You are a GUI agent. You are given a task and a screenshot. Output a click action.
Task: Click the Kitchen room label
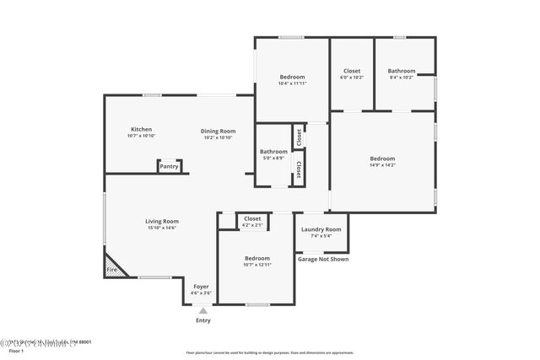click(x=141, y=130)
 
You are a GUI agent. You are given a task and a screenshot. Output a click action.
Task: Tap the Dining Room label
click(x=218, y=131)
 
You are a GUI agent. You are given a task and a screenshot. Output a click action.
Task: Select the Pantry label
click(x=170, y=167)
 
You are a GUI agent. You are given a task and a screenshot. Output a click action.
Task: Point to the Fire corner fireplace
click(x=111, y=269)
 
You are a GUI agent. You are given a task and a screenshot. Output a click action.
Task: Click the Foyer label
click(x=202, y=287)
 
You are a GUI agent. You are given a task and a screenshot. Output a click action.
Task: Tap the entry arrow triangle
click(x=202, y=311)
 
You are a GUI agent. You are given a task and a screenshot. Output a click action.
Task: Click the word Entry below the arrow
click(x=203, y=320)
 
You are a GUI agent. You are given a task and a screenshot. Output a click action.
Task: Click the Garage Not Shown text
click(x=322, y=259)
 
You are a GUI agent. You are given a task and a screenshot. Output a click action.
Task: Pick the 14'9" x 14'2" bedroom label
click(x=382, y=165)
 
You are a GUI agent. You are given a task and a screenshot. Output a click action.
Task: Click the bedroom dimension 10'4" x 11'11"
click(x=292, y=83)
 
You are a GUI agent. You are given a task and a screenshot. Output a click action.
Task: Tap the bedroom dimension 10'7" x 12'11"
click(x=256, y=265)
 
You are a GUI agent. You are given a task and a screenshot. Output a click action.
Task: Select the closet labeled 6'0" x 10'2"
click(x=352, y=78)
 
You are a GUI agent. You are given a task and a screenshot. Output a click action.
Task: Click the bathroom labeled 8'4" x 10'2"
click(x=402, y=78)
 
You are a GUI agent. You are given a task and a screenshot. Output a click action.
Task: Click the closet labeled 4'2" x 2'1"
click(x=253, y=225)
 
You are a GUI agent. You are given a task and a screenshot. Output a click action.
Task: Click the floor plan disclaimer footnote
click(x=269, y=353)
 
